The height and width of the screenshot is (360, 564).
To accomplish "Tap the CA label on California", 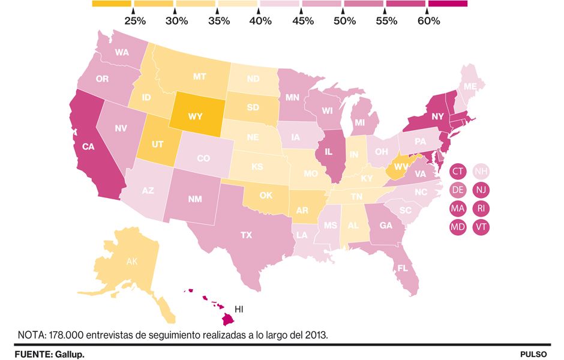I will [x=89, y=146].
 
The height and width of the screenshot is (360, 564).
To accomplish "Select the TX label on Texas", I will [x=246, y=235].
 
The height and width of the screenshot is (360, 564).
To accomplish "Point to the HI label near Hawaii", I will [x=238, y=310].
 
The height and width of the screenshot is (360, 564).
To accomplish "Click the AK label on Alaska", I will [x=131, y=262].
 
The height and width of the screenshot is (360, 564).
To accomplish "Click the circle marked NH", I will [x=481, y=172].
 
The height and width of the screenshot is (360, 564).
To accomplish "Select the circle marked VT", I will [x=481, y=227].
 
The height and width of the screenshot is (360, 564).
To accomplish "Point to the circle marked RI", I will [x=481, y=208].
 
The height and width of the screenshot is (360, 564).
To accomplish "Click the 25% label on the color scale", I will [x=134, y=21].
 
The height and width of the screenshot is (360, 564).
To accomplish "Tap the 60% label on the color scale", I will [x=428, y=21].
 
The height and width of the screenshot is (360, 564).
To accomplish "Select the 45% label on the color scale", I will [x=302, y=21].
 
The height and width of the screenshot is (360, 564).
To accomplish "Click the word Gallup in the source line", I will [x=70, y=355].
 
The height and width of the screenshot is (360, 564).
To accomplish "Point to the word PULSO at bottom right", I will [x=533, y=355].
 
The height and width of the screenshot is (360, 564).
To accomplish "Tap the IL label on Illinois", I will [x=328, y=152].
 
